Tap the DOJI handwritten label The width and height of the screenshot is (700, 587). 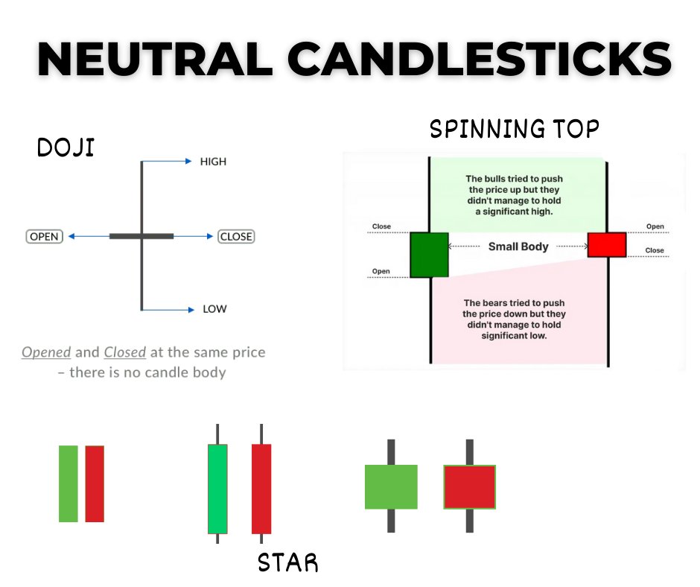(x=66, y=147)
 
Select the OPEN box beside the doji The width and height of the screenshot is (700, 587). (x=44, y=237)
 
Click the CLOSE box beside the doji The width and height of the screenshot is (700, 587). (x=236, y=237)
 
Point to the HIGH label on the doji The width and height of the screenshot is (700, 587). (x=213, y=162)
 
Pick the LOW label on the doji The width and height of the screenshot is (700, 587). (x=214, y=309)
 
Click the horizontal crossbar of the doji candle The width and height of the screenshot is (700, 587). (x=141, y=236)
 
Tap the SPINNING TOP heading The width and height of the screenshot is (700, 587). (x=514, y=130)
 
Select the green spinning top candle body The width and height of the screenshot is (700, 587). (x=429, y=255)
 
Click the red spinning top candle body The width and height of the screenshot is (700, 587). (x=607, y=244)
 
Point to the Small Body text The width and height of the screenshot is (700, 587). (x=518, y=247)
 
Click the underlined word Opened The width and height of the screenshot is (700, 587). (x=46, y=352)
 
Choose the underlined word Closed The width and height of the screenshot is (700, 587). (x=125, y=352)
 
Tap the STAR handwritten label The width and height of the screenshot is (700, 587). (x=287, y=563)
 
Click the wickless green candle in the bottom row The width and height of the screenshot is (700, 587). (x=69, y=483)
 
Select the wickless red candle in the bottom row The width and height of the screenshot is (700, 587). (x=95, y=483)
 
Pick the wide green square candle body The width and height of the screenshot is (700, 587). (x=391, y=486)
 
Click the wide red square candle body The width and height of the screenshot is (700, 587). (x=469, y=486)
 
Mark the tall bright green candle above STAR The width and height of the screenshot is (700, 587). (x=217, y=489)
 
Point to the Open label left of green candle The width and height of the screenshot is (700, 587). (x=381, y=272)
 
